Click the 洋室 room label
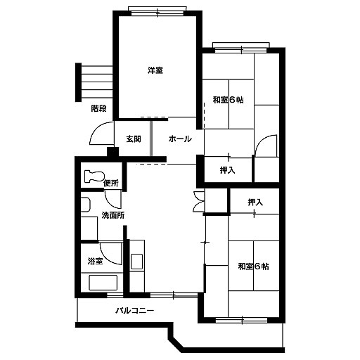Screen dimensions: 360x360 point(155,70)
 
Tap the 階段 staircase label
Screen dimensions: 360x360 point(98,108)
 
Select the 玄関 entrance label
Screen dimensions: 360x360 point(134,139)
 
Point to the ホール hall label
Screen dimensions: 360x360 point(180,139)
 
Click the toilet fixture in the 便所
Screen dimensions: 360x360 point(94,176)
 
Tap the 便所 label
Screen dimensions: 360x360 point(111,183)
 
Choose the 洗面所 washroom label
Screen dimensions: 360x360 point(113,215)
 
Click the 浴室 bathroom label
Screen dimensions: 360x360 point(96,261)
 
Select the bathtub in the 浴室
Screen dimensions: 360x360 point(103,283)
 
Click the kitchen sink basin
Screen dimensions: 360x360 point(136,262)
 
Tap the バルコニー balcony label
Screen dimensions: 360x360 point(135,311)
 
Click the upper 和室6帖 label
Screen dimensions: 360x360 point(228,100)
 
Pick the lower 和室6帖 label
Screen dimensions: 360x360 point(253,266)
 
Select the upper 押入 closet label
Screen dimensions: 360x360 point(227,170)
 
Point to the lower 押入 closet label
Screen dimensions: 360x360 point(255,202)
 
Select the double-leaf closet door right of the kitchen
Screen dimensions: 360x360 point(199,202)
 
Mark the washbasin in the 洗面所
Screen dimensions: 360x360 point(86,205)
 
